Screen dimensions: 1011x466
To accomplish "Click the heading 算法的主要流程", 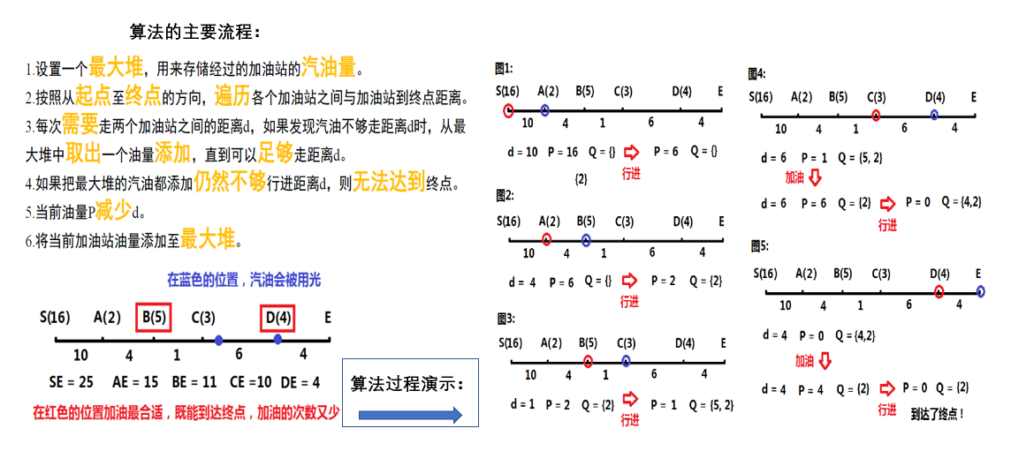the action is pyautogui.click(x=195, y=33).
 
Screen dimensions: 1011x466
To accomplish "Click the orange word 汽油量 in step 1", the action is pyautogui.click(x=330, y=66).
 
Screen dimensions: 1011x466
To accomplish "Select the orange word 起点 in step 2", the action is pyautogui.click(x=93, y=95).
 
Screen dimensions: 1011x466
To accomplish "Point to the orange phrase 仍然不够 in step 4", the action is pyautogui.click(x=230, y=182).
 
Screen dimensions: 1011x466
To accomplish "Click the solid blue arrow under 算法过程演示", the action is pyautogui.click(x=411, y=414).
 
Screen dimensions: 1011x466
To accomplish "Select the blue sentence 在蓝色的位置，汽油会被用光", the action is pyautogui.click(x=244, y=280).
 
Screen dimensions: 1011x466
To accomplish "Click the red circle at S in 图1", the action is pyautogui.click(x=508, y=110).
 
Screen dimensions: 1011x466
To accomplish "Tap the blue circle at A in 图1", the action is pyautogui.click(x=545, y=110).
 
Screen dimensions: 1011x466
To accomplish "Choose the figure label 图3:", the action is pyautogui.click(x=505, y=318).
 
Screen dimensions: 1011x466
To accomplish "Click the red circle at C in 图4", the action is pyautogui.click(x=875, y=116).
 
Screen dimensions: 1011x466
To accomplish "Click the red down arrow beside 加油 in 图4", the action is pyautogui.click(x=815, y=178).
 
